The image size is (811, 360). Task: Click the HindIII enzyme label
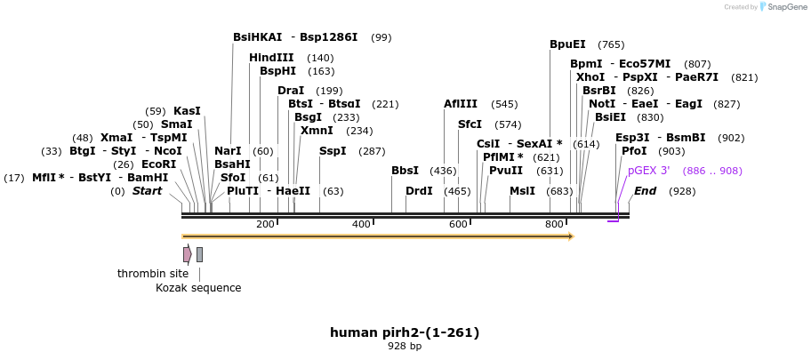271,58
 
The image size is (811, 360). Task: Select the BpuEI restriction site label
567,44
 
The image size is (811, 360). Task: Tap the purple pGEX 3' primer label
648,171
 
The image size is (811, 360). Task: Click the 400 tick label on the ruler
361,224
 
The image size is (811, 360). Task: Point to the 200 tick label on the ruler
265,224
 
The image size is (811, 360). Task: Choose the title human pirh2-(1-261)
405,332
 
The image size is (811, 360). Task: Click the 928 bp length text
405,347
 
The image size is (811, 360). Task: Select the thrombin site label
153,274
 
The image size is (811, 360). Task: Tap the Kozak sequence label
198,288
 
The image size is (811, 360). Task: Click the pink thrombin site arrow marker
187,255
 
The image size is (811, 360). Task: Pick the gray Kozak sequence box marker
200,255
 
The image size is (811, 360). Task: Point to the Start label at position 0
148,191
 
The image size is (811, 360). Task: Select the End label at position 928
645,191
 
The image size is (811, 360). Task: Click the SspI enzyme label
333,151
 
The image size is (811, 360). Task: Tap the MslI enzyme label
522,191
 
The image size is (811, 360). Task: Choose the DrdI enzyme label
419,191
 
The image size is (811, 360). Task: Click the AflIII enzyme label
461,104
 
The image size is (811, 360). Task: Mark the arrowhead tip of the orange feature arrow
573,236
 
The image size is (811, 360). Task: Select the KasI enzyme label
187,111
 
